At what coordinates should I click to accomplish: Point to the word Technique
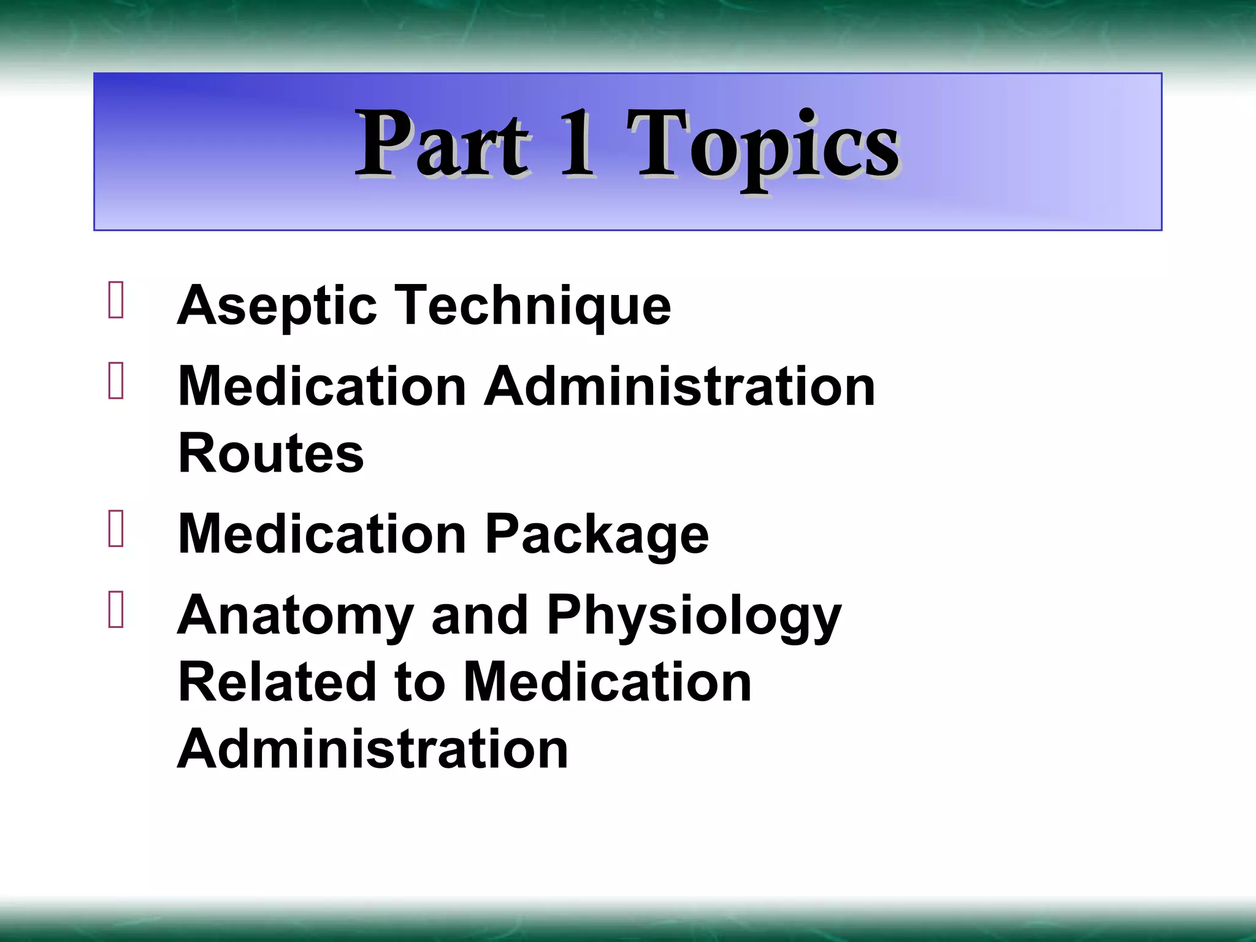coord(533,306)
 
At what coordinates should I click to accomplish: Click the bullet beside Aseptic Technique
coord(116,300)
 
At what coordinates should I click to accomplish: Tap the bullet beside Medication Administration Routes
coord(116,381)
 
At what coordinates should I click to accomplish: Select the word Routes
coord(271,454)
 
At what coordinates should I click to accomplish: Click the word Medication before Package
coord(323,534)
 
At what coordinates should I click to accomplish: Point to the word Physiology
coord(694,616)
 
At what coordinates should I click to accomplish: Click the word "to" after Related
coord(420,683)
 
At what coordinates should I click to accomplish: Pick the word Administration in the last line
coord(373,749)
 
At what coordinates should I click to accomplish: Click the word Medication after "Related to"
coord(607,683)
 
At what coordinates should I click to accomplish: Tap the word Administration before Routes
coord(680,387)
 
